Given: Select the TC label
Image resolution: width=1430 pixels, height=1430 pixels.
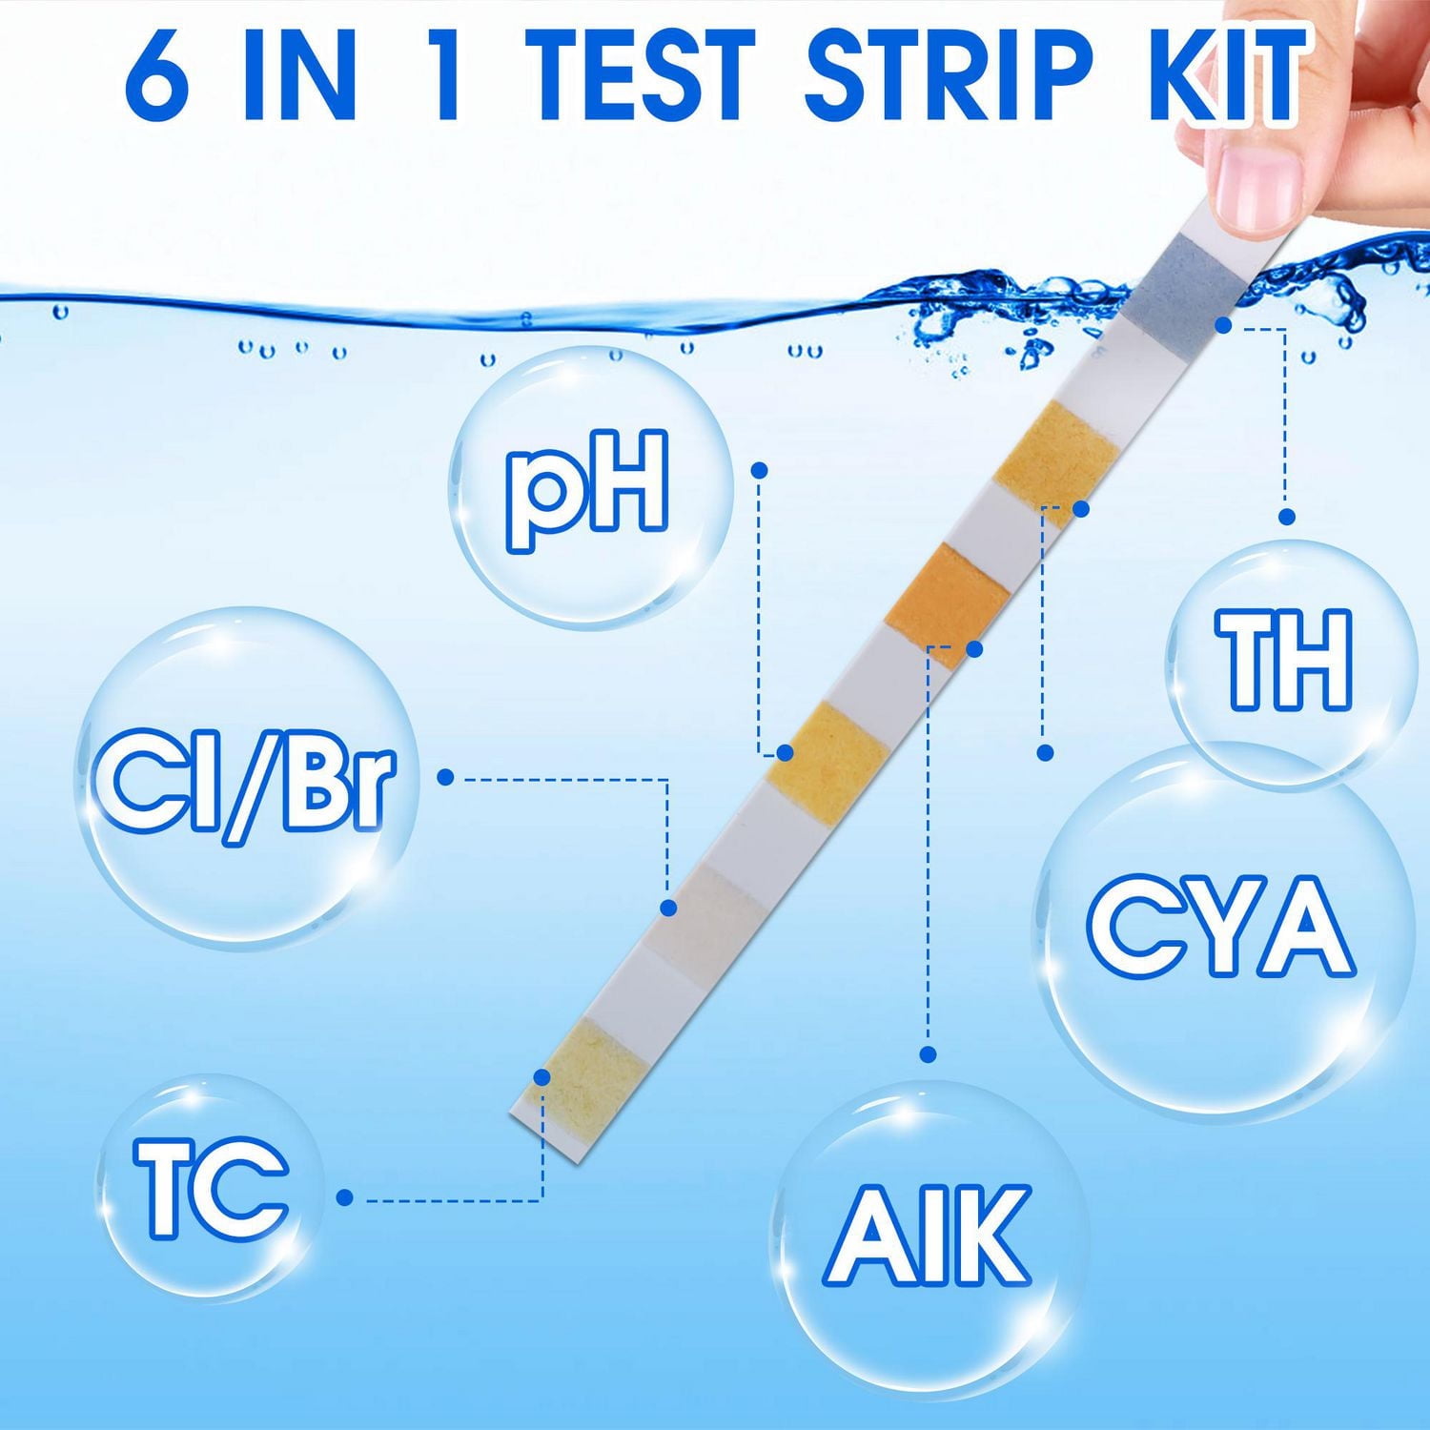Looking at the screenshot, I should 210,1189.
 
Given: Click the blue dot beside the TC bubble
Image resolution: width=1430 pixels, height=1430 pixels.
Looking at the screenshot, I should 345,1197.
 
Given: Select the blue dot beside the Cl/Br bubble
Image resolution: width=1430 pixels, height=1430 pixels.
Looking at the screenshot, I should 445,777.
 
